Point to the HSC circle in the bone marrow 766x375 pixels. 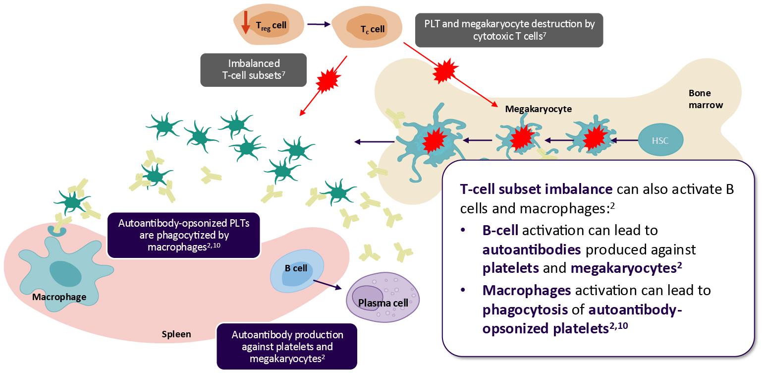(660, 140)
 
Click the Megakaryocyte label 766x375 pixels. (538, 109)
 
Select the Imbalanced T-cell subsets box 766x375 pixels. (253, 69)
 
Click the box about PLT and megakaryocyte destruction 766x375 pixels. (509, 29)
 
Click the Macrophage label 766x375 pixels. (59, 297)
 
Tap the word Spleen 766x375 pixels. (176, 334)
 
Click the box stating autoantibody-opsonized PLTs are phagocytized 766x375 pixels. (183, 235)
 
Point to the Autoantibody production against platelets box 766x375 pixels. (287, 346)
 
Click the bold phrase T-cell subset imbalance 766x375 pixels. (537, 189)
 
